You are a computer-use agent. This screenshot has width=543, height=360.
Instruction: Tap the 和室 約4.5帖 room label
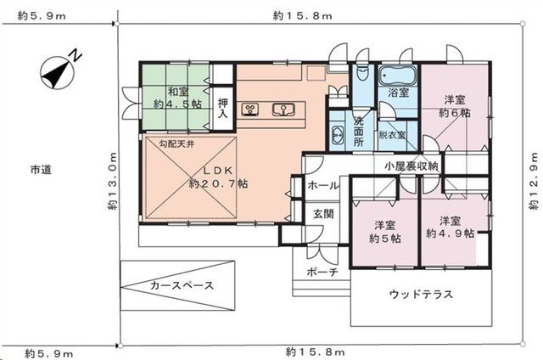point(177,98)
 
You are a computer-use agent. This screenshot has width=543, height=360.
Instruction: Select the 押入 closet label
point(223,108)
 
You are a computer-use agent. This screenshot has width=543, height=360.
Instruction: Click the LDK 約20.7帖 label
point(218,177)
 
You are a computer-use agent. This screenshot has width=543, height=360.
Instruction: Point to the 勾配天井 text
point(176,143)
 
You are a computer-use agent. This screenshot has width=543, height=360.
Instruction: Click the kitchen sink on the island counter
point(283,110)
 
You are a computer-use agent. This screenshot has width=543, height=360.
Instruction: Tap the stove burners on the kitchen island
point(250,110)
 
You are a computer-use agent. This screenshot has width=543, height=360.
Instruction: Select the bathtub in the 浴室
point(398,76)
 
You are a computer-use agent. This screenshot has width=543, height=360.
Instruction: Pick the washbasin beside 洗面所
point(338,133)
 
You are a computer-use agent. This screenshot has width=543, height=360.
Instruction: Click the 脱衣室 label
point(392,134)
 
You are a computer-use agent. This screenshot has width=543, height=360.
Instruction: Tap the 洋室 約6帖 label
point(455,106)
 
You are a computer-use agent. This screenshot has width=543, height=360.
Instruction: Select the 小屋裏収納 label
point(411,166)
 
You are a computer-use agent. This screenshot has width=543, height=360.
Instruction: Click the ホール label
point(323,186)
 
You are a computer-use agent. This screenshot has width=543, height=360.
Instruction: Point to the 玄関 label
point(323,214)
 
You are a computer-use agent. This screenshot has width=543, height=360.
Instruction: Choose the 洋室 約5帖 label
point(384,232)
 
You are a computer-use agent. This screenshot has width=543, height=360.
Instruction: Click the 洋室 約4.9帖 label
point(450,227)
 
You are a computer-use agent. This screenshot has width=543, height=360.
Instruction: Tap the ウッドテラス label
point(421,294)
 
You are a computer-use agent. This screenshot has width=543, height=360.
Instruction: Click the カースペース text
point(182,285)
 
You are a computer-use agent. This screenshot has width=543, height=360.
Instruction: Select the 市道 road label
point(41,170)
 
